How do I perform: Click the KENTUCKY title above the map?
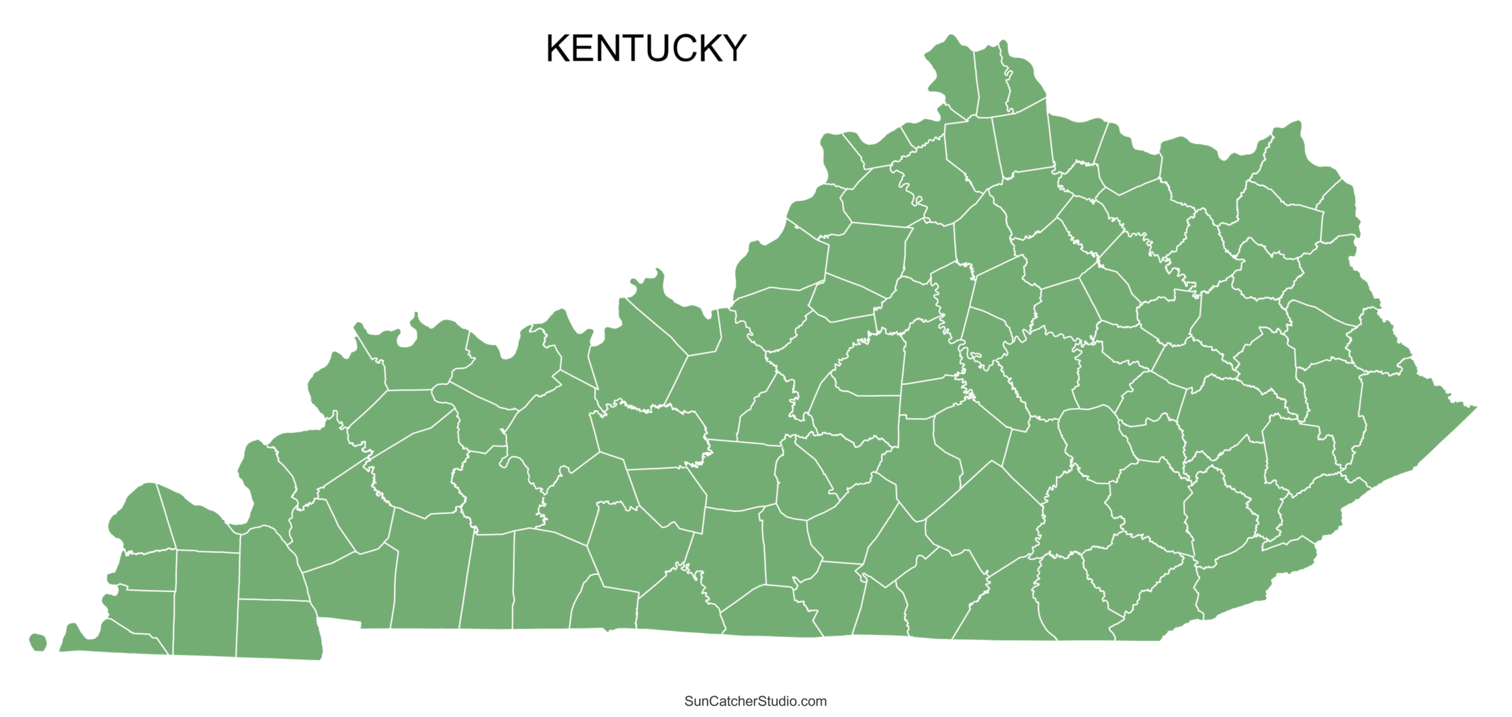(645, 48)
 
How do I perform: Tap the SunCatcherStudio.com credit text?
(755, 702)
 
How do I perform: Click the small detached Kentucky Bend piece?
(38, 642)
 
